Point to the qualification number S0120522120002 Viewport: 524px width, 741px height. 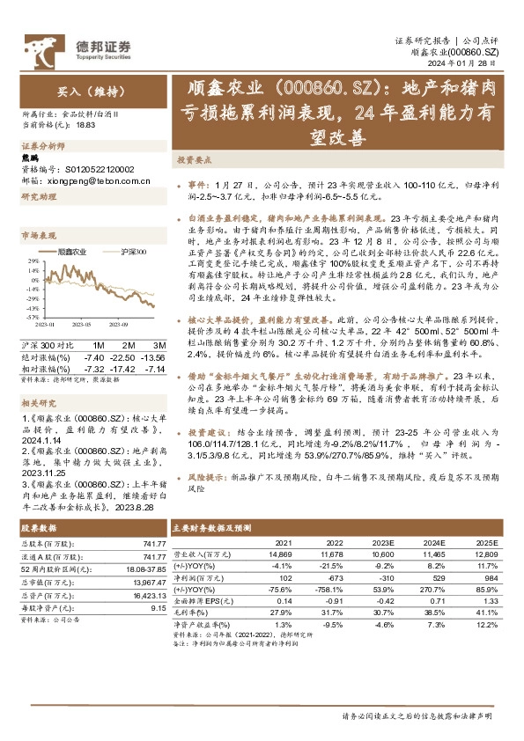(100, 168)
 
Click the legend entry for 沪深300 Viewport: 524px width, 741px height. (131, 253)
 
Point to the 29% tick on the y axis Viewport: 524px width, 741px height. (33, 261)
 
